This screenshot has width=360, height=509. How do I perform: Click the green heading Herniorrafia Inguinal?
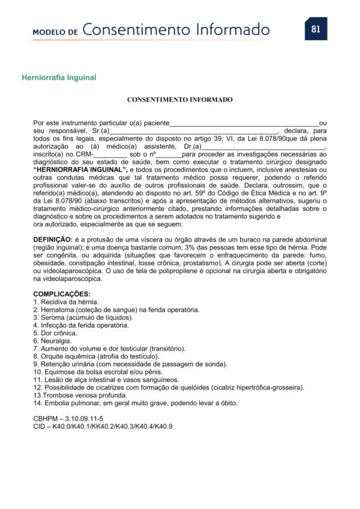pyautogui.click(x=59, y=77)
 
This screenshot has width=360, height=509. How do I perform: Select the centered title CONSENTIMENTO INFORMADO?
pyautogui.click(x=180, y=100)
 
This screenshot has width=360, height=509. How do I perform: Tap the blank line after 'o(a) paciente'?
pyautogui.click(x=244, y=124)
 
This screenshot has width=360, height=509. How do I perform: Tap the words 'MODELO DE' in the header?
pyautogui.click(x=55, y=32)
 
